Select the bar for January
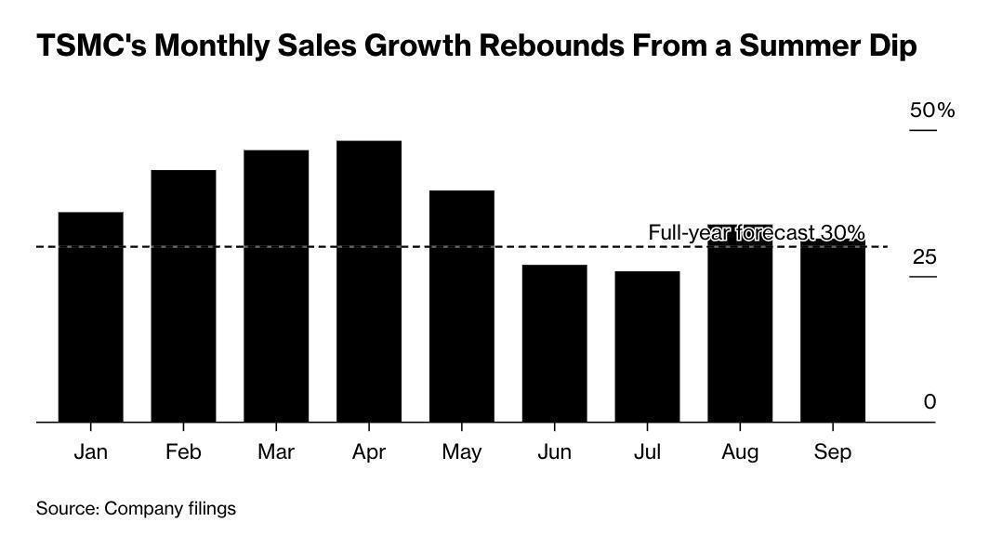(x=90, y=317)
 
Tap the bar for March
(x=276, y=286)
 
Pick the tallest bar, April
(x=369, y=281)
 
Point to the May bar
(x=462, y=306)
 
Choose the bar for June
(x=554, y=343)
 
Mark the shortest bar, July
(x=647, y=346)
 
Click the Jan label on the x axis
(x=90, y=452)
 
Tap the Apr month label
(x=369, y=452)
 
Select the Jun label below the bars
(x=554, y=452)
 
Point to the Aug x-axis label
(x=740, y=452)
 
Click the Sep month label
(x=832, y=452)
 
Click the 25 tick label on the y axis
(x=924, y=257)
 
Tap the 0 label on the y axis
(x=930, y=402)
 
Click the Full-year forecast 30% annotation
(x=756, y=232)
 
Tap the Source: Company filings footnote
(x=136, y=508)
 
